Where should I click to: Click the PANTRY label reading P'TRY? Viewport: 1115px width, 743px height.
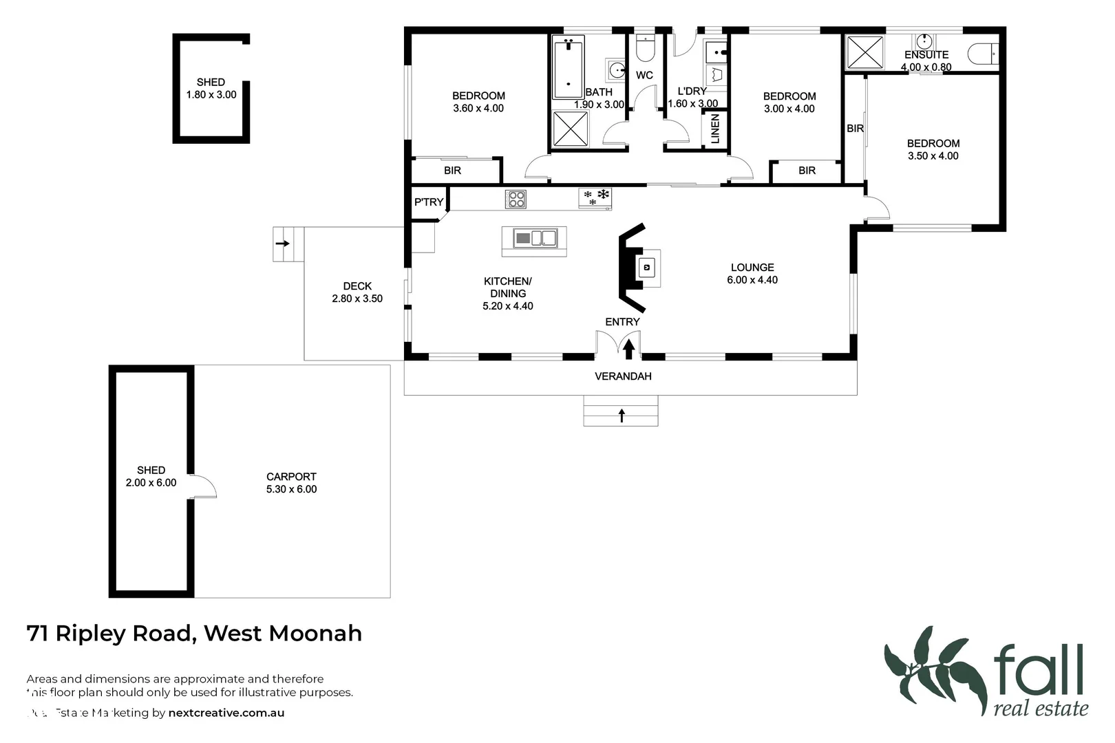428,202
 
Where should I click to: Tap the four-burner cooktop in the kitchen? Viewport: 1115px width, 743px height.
516,200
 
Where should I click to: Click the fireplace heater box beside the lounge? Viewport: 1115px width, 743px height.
647,267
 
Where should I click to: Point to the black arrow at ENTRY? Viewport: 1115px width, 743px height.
628,349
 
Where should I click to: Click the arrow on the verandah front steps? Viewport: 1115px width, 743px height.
622,415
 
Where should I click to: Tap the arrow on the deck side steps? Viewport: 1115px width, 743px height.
282,244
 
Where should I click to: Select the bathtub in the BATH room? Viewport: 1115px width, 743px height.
568,67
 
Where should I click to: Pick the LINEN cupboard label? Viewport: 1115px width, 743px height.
715,129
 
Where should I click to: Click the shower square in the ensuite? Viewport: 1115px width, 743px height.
864,52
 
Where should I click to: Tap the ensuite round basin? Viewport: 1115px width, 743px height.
924,41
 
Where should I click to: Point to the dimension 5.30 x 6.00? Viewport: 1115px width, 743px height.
291,489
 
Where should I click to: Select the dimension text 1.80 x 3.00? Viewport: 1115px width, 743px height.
211,95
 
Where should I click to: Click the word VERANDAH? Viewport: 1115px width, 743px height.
623,376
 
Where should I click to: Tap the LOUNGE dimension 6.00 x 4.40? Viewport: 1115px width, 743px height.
752,280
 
